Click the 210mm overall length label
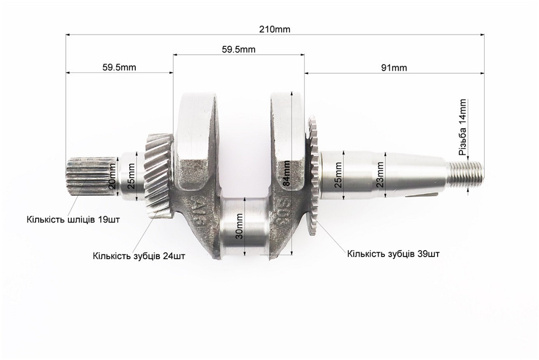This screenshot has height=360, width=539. tap(275, 29)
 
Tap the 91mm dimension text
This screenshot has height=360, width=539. tap(394, 67)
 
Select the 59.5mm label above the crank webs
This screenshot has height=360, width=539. tap(238, 49)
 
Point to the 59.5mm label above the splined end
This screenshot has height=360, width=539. tap(119, 67)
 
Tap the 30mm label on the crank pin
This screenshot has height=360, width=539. tap(240, 226)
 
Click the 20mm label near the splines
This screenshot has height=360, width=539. tap(112, 176)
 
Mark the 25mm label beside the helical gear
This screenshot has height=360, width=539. tap(131, 176)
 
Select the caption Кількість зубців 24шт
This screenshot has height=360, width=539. tap(139, 256)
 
